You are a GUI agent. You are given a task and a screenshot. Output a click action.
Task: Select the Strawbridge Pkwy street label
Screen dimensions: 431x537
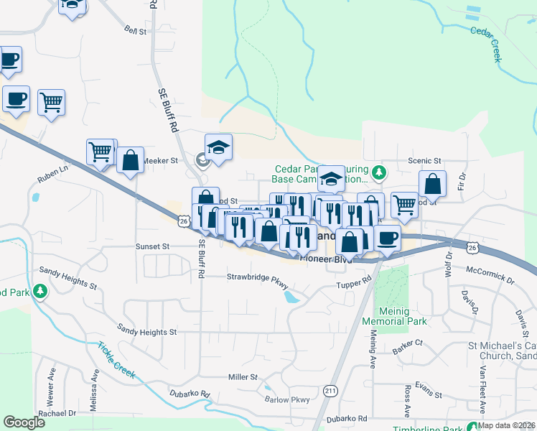click(x=256, y=277)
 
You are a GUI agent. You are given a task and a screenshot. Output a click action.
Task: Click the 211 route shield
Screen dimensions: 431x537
click(x=330, y=390)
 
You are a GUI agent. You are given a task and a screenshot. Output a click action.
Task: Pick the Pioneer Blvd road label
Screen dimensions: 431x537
click(x=326, y=259)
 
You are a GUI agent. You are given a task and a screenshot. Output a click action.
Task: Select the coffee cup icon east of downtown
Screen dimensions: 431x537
click(x=387, y=237)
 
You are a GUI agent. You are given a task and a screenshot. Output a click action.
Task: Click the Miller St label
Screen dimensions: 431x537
click(x=243, y=377)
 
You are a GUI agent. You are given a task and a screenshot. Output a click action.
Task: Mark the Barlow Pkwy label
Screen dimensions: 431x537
click(x=286, y=400)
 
